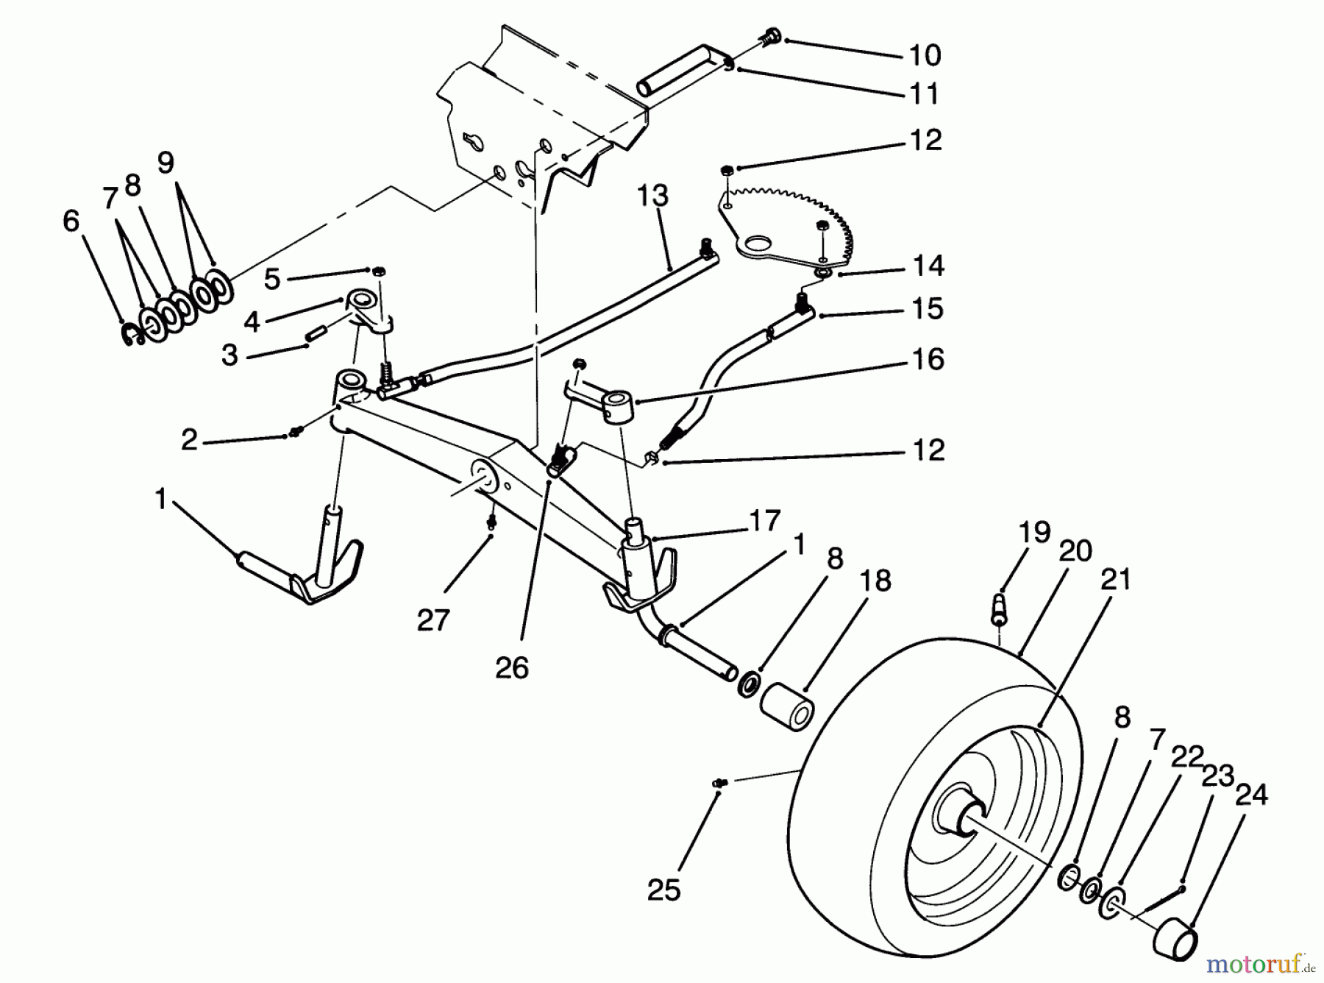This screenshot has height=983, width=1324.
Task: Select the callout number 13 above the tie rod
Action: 652,196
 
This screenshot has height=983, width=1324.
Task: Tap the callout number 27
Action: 433,620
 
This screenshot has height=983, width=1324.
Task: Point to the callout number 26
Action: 511,668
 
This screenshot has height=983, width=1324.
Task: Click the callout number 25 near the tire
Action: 663,891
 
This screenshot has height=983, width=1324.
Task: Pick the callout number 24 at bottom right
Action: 1252,795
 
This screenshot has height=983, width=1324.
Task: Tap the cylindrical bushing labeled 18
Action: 786,707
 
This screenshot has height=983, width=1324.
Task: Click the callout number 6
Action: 71,220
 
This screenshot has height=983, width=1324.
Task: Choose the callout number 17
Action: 764,521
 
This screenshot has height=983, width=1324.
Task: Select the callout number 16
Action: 928,360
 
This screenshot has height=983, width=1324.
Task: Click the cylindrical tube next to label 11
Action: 680,71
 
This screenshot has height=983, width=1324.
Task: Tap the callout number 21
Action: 1115,580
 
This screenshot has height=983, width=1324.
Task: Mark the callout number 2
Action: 189,440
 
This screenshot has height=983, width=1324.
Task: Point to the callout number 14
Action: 928,266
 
